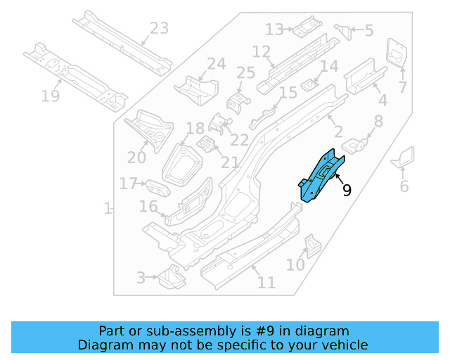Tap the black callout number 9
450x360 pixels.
(x=347, y=190)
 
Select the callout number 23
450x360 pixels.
(x=160, y=29)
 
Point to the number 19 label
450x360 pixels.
(x=51, y=96)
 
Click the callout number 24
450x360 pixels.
(x=216, y=64)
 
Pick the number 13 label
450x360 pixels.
(x=274, y=29)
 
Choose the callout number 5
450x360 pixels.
(x=368, y=31)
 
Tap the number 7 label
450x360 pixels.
(x=402, y=87)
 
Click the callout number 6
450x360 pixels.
(x=404, y=186)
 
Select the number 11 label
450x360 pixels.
(x=266, y=283)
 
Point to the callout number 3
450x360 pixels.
(x=141, y=278)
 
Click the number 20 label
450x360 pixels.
(x=136, y=157)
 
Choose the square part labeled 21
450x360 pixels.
(x=207, y=145)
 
